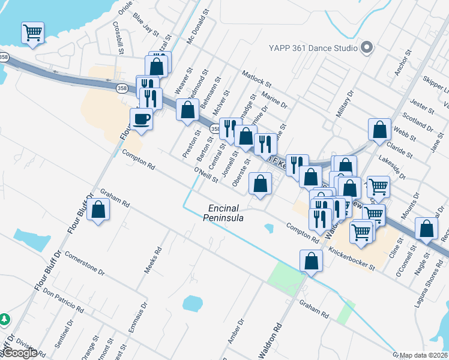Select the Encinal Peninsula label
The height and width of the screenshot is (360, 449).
pos(226,213)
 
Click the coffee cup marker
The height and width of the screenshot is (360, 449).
pos(141,119)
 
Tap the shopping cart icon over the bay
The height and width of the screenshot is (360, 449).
pos(32,32)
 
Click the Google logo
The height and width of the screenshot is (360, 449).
pos(19,353)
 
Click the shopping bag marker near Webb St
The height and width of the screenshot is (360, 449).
pos(379,130)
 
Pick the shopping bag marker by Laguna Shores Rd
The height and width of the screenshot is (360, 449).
pos(426,229)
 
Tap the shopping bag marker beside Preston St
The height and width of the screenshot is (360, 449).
pos(188,110)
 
